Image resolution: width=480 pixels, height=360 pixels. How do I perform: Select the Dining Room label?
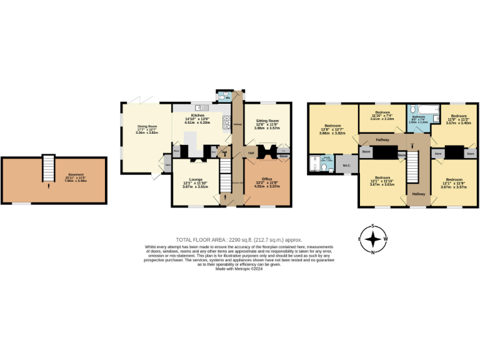pos(147,129)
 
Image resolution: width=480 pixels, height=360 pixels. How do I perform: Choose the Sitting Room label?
pos(266,124)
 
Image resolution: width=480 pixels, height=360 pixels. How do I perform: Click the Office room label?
pos(266,182)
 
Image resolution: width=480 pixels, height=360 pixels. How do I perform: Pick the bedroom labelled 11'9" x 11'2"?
pos(459,118)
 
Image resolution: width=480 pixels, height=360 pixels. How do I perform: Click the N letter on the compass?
pos(373,252)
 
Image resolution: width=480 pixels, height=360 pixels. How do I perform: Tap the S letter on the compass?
pos(373,226)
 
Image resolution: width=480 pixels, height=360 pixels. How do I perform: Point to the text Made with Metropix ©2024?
pos(240,269)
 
